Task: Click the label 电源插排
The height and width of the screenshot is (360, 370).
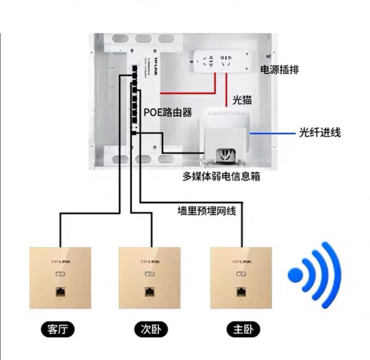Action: [280, 70]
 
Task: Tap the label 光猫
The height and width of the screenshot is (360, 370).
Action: [242, 100]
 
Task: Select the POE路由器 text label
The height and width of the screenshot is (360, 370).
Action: [168, 112]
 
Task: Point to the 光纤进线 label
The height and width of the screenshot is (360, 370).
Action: [320, 133]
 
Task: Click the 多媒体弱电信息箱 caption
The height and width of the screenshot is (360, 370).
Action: [221, 176]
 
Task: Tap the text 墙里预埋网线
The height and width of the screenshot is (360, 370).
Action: [207, 211]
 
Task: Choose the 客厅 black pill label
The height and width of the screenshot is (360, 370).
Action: [58, 329]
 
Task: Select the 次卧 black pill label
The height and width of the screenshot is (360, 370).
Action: [150, 329]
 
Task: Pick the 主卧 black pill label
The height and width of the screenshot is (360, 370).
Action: [243, 329]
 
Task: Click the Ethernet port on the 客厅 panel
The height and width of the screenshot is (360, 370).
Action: [60, 292]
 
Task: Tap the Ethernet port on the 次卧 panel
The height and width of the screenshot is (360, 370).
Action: [149, 292]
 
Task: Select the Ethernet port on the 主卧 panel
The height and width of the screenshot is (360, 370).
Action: [241, 292]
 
